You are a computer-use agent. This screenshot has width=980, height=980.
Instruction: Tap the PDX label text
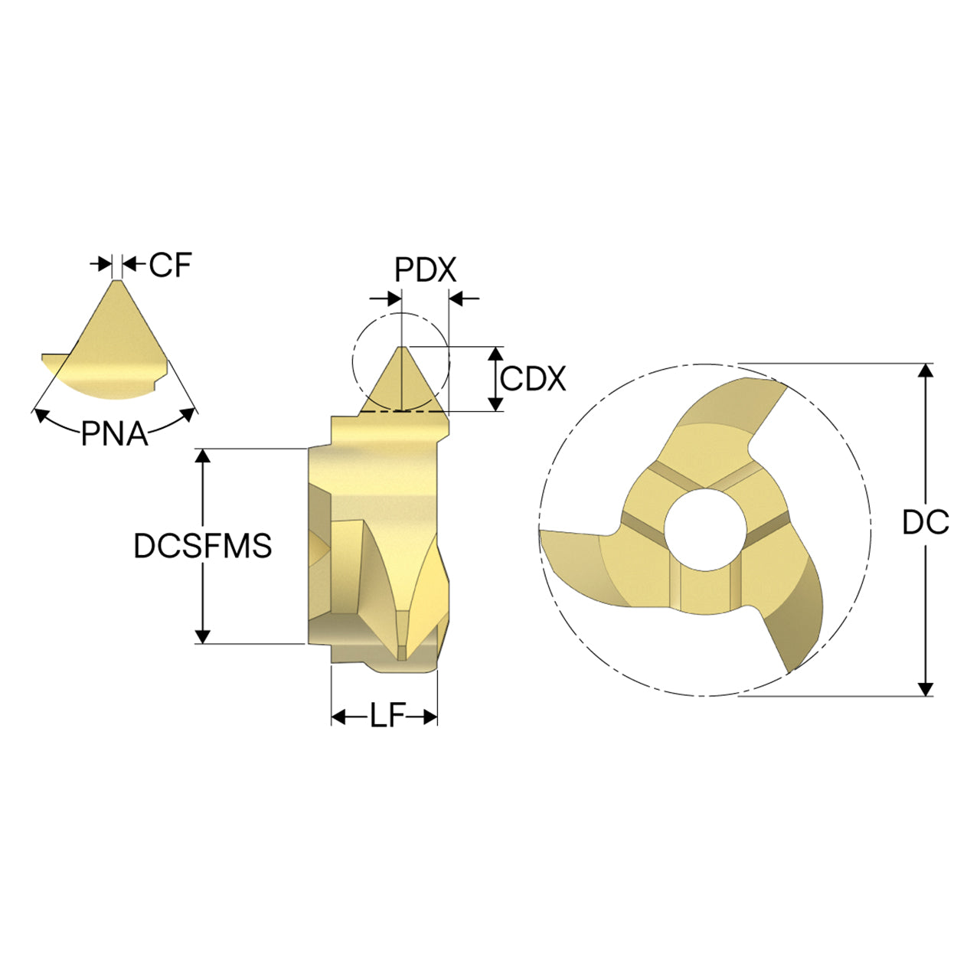[426, 270]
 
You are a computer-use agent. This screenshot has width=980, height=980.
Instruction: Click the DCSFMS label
[202, 546]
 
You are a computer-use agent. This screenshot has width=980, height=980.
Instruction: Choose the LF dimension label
[387, 717]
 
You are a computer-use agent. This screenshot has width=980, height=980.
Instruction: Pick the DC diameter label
[926, 522]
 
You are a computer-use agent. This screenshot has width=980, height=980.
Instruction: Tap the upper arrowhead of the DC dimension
[926, 371]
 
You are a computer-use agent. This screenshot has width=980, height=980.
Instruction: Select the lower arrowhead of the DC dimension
[926, 688]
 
